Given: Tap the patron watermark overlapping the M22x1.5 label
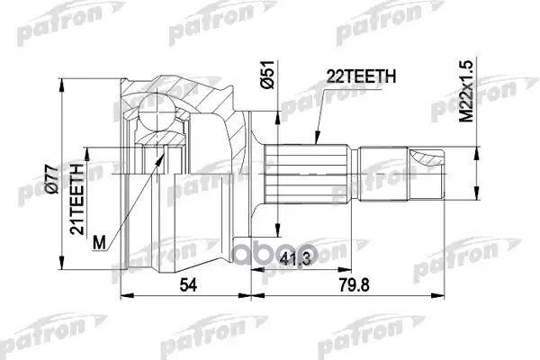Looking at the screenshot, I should pyautogui.click(x=468, y=99).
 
